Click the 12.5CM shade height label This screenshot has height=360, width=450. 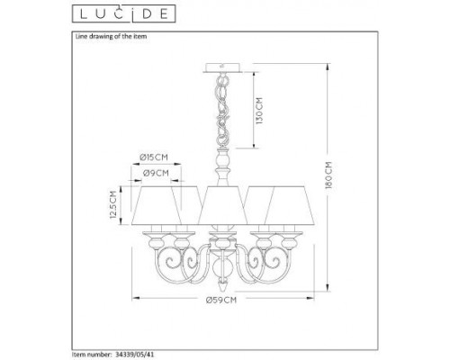(113, 206)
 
